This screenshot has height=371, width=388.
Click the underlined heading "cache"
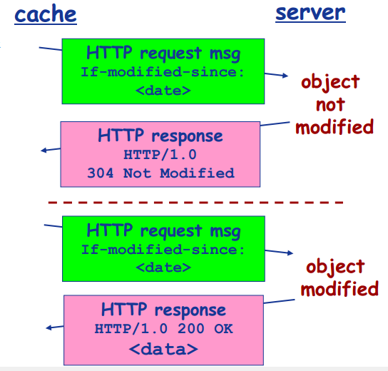46,14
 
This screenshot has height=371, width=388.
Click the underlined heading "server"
310,12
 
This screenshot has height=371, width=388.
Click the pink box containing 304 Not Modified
160,153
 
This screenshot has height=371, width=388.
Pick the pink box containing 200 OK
163,329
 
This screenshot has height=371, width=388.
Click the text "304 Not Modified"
160,173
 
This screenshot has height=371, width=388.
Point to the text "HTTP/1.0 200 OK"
163,329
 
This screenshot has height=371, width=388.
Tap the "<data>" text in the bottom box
163,349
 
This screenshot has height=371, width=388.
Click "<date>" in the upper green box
163,91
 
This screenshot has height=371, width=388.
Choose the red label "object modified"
339,277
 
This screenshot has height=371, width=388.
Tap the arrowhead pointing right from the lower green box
289,253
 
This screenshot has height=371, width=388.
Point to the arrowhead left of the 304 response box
44,150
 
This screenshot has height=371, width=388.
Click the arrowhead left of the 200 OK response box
48,328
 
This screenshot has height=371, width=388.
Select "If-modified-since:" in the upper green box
163,71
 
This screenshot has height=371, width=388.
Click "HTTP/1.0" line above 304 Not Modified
160,155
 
